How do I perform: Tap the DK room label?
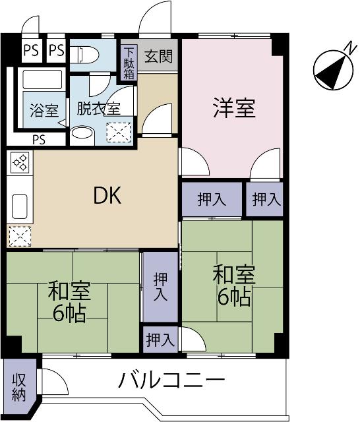point(106,196)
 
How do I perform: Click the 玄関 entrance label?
point(158,57)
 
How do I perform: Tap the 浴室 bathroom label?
point(44,109)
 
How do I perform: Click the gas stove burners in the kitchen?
point(20,162)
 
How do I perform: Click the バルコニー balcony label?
point(172,380)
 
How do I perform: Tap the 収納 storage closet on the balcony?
point(16,387)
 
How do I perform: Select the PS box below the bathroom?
point(38,139)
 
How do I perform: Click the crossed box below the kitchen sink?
point(19,235)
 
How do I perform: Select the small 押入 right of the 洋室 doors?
point(264,200)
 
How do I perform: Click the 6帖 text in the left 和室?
point(70,314)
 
